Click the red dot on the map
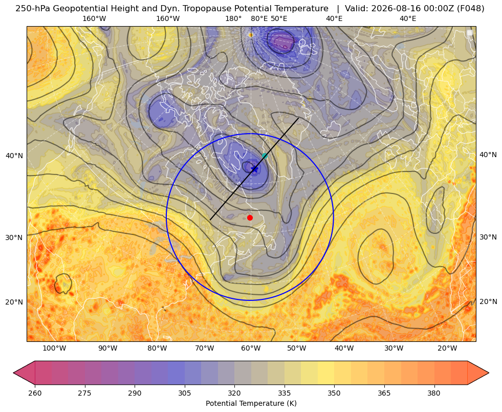[250, 218]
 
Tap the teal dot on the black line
[265, 156]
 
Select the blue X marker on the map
[254, 169]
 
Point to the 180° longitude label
[233, 18]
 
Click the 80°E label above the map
[259, 18]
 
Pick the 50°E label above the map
[279, 18]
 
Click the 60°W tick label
[251, 348]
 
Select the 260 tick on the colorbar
[35, 393]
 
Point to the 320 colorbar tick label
[234, 393]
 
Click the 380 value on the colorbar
[434, 393]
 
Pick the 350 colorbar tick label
[334, 393]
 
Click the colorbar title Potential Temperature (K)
[251, 403]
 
